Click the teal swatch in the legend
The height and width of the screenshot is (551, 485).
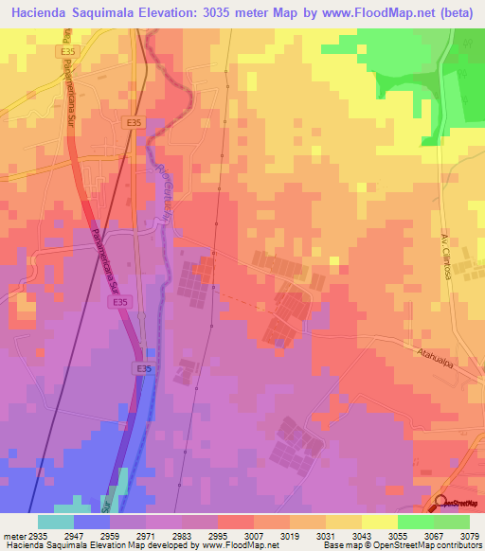(x=56, y=521)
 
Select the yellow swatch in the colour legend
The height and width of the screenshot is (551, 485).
(x=379, y=521)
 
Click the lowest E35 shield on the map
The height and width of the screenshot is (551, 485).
(x=142, y=368)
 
